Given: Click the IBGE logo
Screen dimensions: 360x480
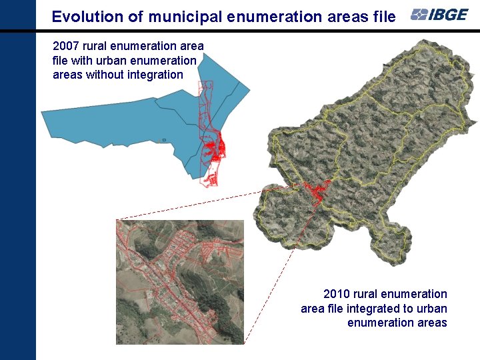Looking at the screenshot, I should (x=439, y=15).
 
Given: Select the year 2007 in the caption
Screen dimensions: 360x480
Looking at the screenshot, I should (x=66, y=46).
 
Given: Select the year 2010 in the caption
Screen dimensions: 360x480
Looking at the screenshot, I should (x=337, y=294).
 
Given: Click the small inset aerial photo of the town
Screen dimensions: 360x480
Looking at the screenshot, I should (x=180, y=281).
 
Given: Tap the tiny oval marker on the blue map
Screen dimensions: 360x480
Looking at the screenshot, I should (x=164, y=140).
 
